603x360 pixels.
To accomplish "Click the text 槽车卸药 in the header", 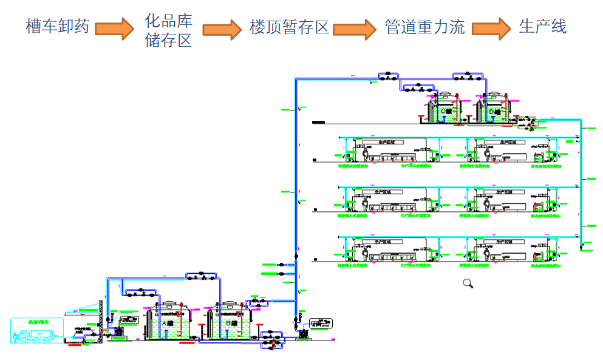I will (x=58, y=27).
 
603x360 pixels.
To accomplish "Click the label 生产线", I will (x=542, y=27).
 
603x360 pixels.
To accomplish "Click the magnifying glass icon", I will (x=468, y=283).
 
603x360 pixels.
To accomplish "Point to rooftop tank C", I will (x=445, y=109).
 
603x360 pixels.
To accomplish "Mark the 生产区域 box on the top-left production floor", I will (x=383, y=142).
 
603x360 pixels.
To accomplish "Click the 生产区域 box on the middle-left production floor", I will (x=383, y=191).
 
